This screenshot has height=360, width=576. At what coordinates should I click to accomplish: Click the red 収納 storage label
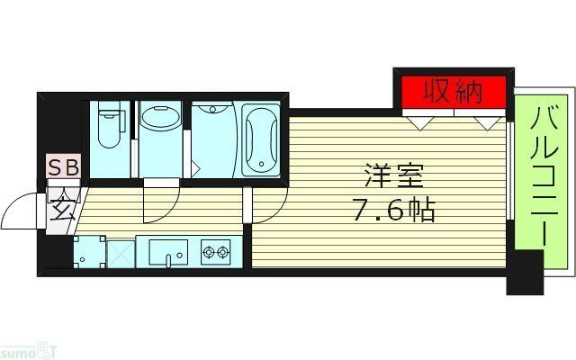tap(454, 92)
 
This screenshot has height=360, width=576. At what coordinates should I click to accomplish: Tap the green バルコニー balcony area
tap(543, 180)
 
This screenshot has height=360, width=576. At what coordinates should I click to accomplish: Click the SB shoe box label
tap(63, 166)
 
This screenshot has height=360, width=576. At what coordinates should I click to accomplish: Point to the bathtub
tap(261, 139)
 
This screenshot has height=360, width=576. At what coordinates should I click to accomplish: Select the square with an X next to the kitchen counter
tap(121, 252)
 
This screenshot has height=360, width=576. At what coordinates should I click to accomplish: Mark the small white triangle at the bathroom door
tap(195, 167)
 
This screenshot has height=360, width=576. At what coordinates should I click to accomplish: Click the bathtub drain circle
tap(261, 165)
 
